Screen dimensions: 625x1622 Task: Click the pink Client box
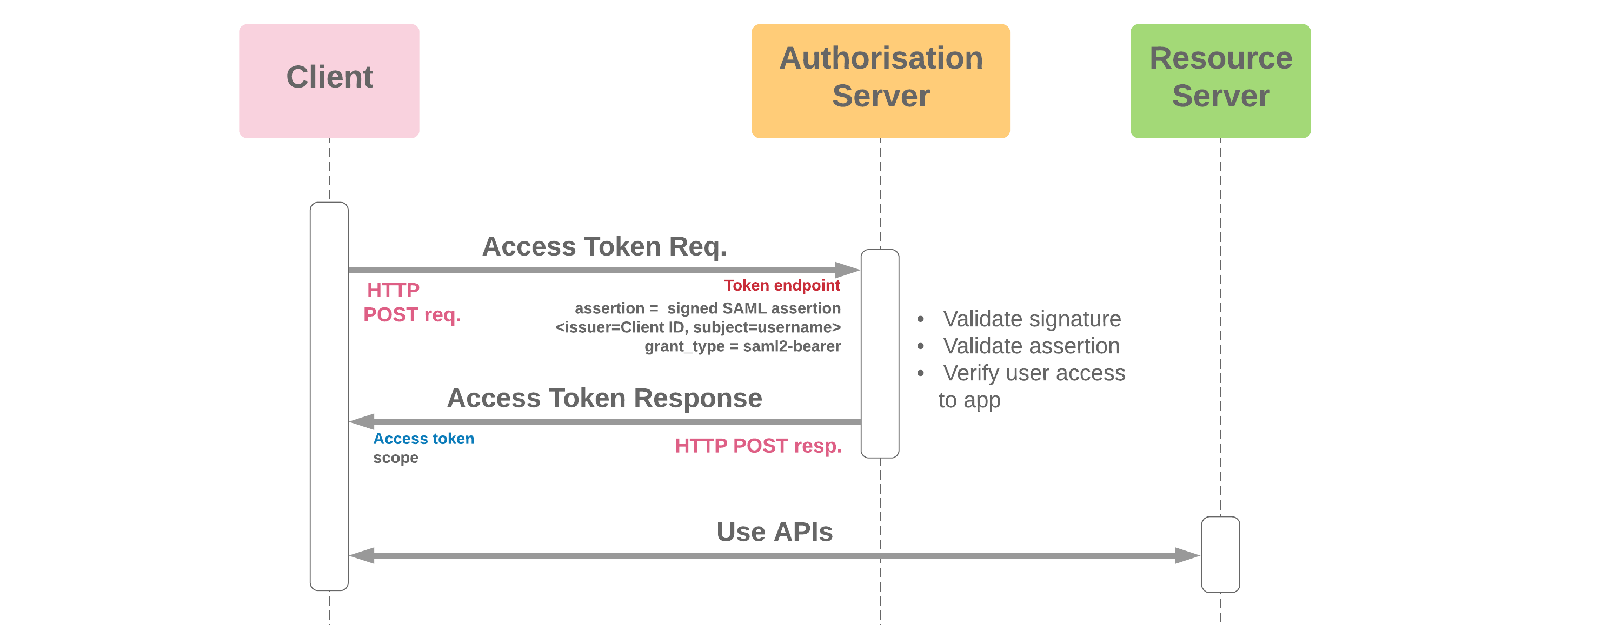tap(329, 80)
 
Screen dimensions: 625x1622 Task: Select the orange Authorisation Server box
tap(880, 80)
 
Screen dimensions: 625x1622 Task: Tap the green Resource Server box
tap(1220, 80)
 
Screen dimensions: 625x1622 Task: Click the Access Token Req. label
tap(604, 246)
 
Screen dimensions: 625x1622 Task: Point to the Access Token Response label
tap(604, 398)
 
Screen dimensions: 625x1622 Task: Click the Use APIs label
tap(774, 532)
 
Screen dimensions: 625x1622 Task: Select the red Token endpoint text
tap(781, 285)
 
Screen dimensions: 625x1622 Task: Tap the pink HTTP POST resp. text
tap(757, 446)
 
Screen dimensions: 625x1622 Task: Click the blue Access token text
tap(423, 439)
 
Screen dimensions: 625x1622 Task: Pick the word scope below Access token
tap(395, 458)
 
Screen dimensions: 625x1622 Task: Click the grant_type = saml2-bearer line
tap(742, 346)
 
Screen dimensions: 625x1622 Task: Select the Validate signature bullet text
tap(1032, 319)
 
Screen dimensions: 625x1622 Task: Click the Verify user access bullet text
tap(1033, 373)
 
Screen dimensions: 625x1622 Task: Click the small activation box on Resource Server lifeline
tap(1220, 555)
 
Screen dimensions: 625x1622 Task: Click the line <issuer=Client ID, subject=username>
tap(697, 327)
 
